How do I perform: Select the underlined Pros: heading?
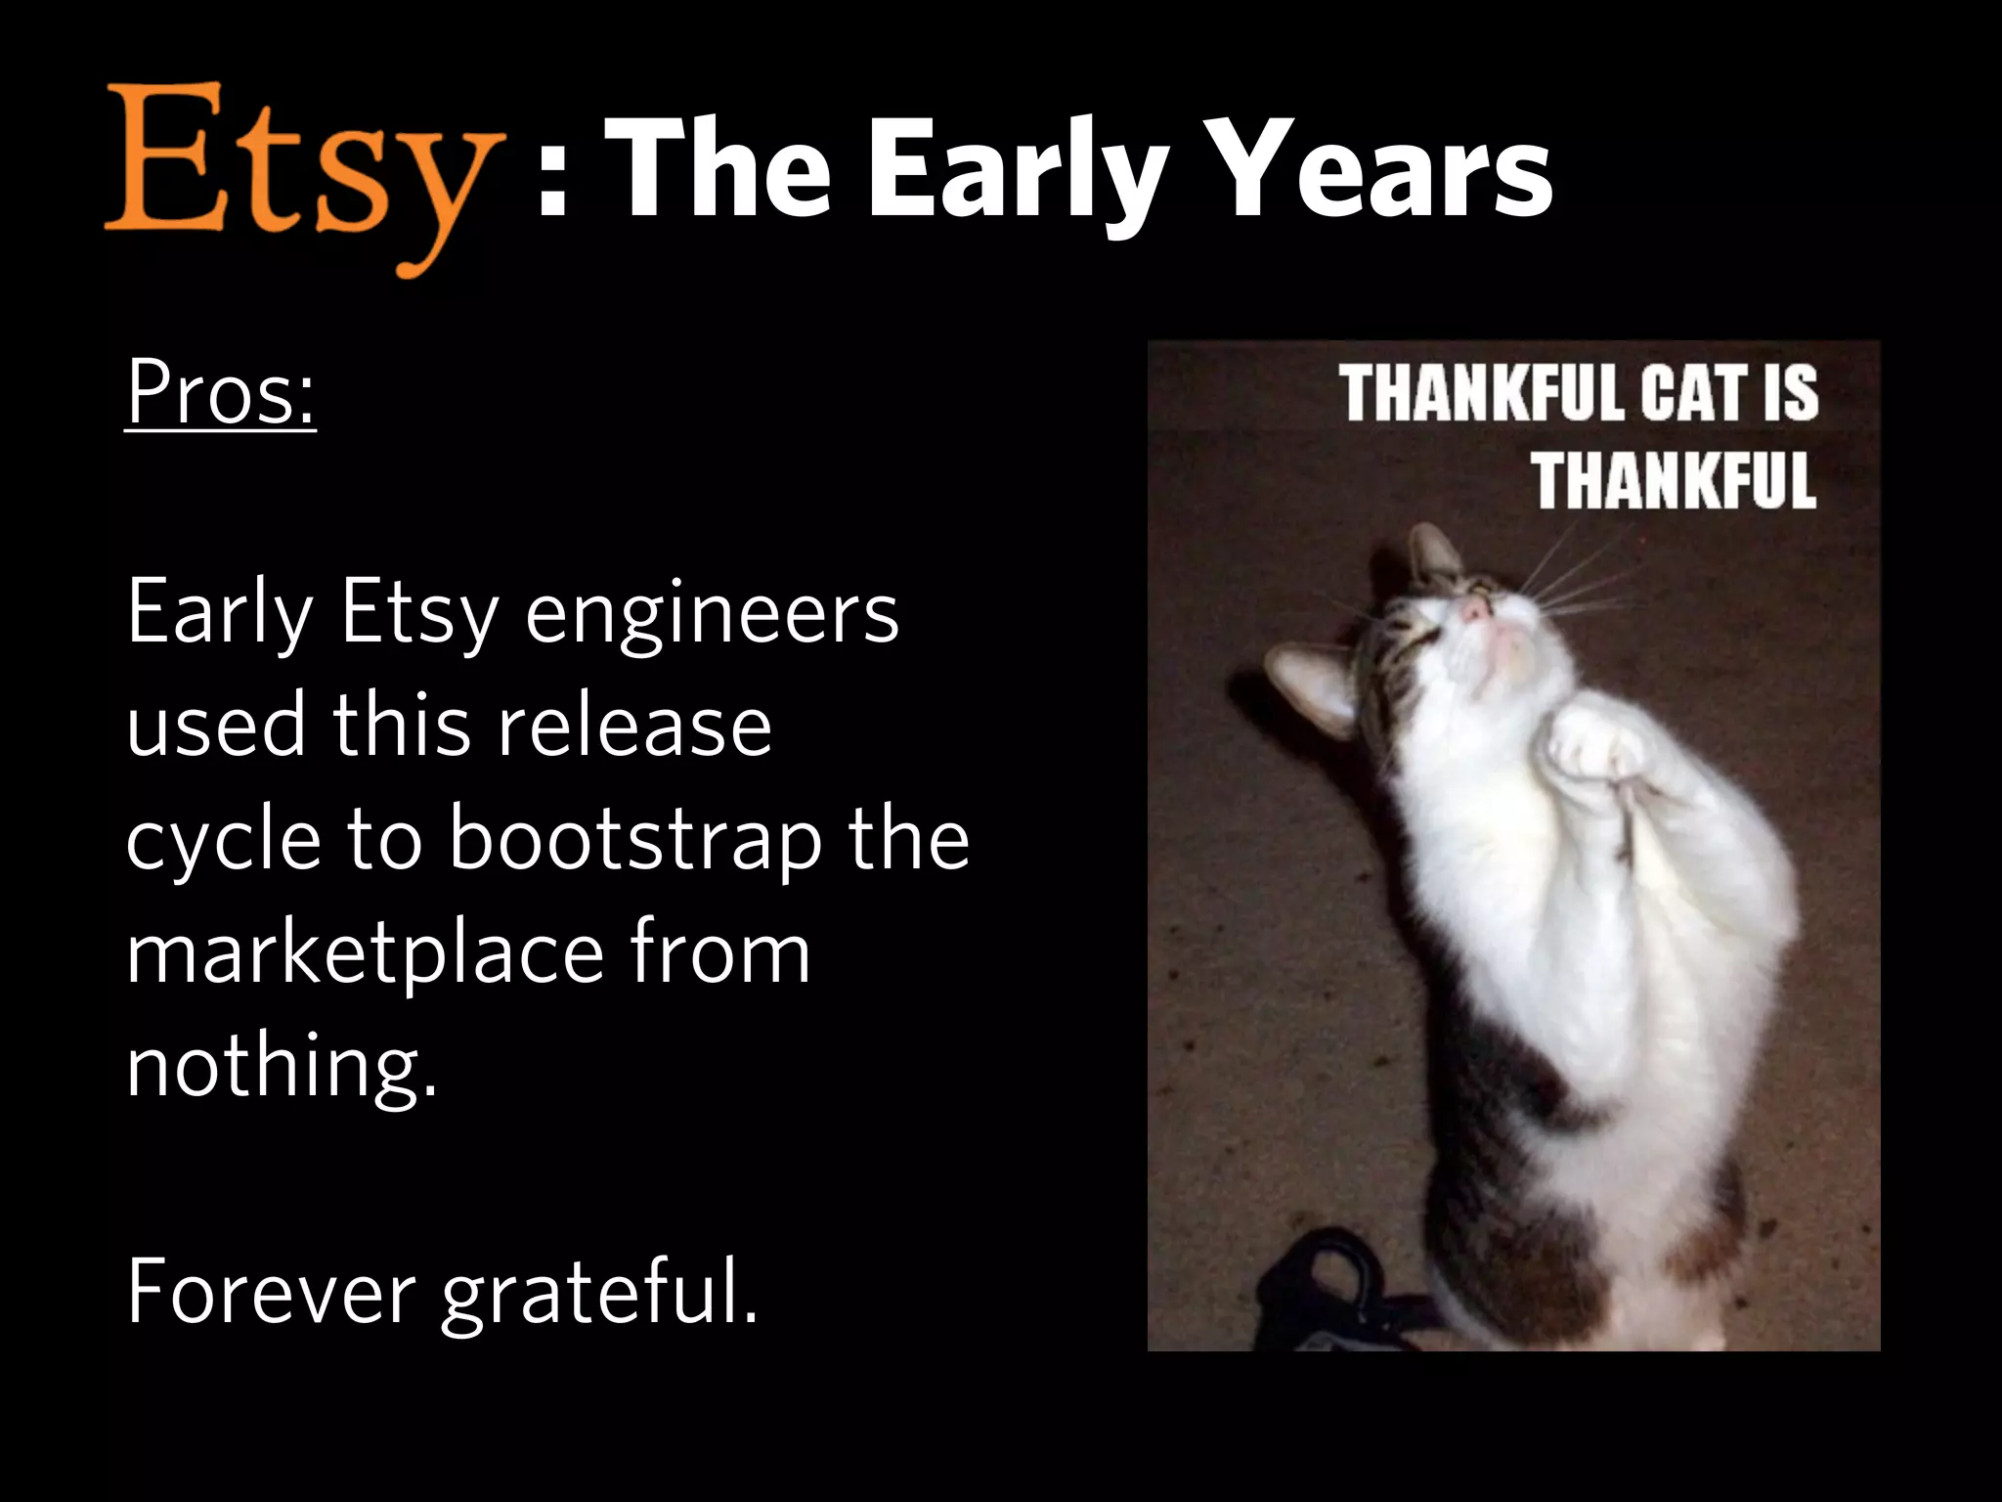tap(221, 393)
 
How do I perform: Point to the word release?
tap(634, 727)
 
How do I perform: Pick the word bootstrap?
tap(635, 841)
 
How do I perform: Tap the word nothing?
tap(282, 1068)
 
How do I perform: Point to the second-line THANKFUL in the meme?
tap(1674, 480)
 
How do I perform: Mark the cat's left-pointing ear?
tap(1305, 685)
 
